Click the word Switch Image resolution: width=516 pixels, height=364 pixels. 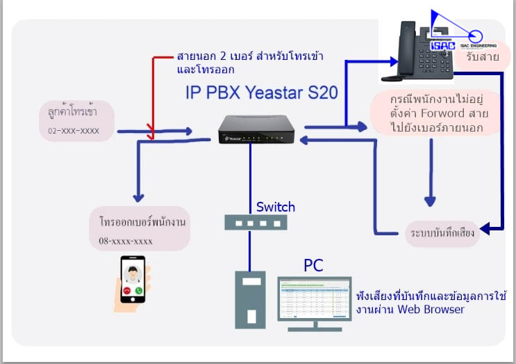pos(276,207)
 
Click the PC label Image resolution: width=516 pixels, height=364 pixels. pos(313,265)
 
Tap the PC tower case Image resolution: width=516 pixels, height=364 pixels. pos(249,299)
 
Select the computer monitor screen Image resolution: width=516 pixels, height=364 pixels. pos(314,297)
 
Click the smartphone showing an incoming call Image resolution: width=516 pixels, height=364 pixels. pos(133,279)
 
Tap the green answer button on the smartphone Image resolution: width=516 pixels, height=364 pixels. pos(139,290)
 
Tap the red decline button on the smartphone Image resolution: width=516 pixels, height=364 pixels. pos(127,290)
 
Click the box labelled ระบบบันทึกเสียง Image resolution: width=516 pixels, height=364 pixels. pos(442,232)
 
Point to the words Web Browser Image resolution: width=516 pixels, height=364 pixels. pos(431,310)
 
